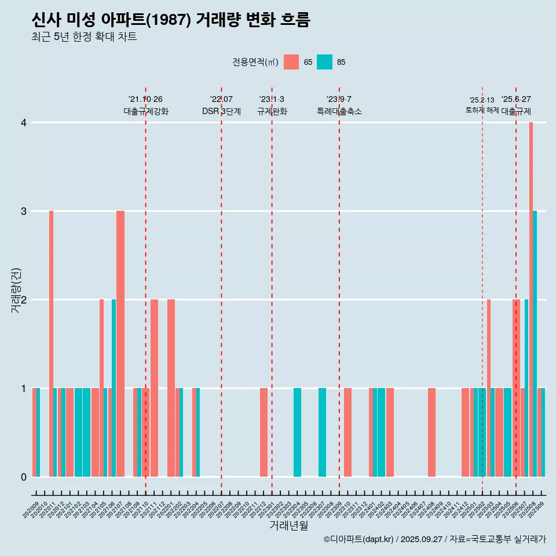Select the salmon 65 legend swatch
[x=291, y=62]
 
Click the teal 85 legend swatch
[x=324, y=62]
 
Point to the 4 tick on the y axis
[x=24, y=123]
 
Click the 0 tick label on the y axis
[x=24, y=477]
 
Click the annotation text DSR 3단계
[x=221, y=111]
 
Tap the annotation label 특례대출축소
[x=339, y=111]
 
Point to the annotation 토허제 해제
[x=482, y=109]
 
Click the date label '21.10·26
[x=145, y=99]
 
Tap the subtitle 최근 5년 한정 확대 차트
[x=84, y=37]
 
